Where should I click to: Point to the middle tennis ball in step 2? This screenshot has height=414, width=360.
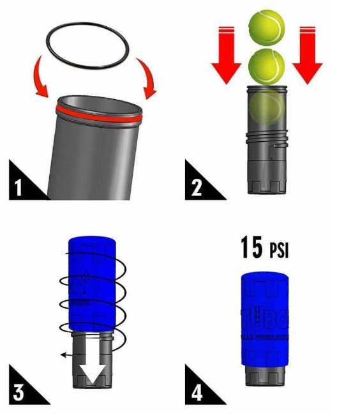coord(266,66)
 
